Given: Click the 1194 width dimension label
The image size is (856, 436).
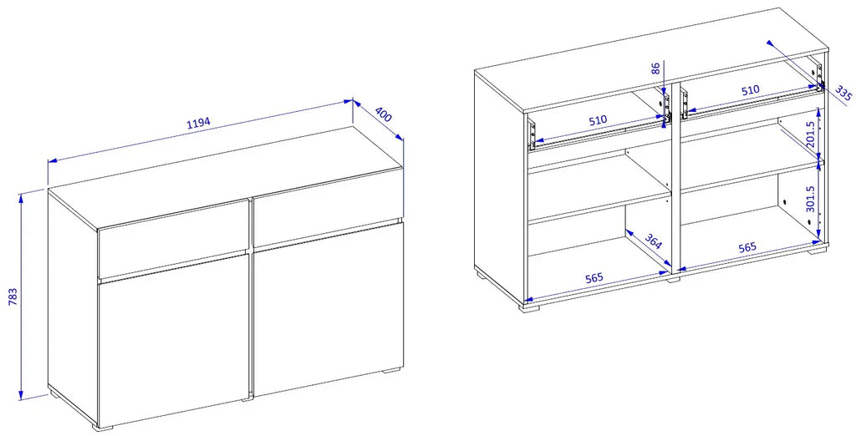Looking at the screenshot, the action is click(199, 123).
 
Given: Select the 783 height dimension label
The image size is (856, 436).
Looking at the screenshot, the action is click(15, 297).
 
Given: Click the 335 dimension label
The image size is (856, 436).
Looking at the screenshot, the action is click(843, 93).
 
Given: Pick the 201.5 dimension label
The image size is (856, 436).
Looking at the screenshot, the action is click(810, 134).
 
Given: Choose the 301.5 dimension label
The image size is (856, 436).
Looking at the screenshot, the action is click(810, 199).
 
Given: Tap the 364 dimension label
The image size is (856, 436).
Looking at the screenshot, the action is click(654, 241).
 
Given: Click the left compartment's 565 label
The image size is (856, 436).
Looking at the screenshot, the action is click(594, 277).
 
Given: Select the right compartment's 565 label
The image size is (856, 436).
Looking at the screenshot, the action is click(747, 247).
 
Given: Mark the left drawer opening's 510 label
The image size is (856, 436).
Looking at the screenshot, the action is click(599, 119).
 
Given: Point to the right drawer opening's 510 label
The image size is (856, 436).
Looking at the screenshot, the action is click(750, 90).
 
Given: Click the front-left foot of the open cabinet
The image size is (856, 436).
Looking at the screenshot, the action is click(528, 307).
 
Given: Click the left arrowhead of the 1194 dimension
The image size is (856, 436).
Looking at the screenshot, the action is click(53, 161).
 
